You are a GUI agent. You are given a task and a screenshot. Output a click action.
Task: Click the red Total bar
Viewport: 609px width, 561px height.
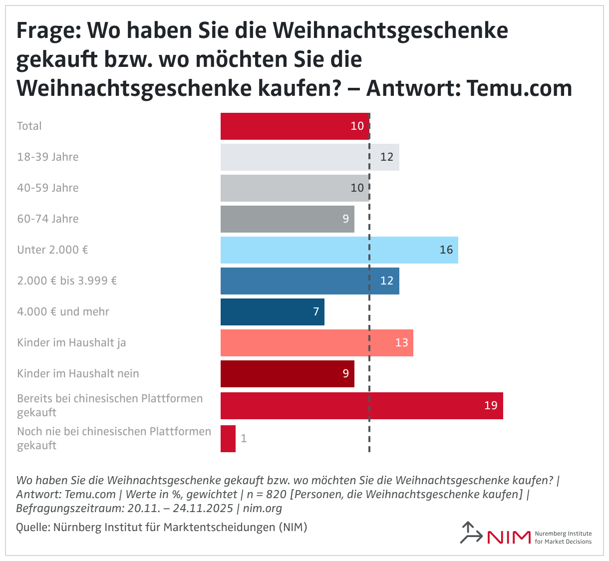295,126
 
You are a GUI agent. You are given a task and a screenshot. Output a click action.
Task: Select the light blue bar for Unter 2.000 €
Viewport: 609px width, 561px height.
339,250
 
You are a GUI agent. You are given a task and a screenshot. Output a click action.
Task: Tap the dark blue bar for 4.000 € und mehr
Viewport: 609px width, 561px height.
272,312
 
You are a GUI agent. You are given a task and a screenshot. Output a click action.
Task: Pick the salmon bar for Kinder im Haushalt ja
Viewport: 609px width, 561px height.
317,343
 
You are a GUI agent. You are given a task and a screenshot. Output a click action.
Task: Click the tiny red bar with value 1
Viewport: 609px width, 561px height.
228,439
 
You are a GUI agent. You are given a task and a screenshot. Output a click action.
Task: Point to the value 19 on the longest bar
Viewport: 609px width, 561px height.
491,405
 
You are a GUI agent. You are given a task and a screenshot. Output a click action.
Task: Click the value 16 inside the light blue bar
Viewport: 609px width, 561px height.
446,250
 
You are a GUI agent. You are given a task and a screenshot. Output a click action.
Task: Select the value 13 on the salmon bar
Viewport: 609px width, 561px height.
401,343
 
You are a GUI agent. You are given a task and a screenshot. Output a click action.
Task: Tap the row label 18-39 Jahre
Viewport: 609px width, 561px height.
48,157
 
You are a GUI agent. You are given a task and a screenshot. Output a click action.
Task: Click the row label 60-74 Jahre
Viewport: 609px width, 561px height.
48,219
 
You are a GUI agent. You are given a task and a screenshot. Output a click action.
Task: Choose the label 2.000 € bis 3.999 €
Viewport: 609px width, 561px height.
67,281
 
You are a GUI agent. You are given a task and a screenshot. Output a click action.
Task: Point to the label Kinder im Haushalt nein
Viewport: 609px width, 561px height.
78,374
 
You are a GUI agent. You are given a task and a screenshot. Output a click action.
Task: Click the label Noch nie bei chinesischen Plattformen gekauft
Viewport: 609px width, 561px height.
114,438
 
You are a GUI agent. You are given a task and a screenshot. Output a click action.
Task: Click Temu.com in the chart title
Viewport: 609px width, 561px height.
519,88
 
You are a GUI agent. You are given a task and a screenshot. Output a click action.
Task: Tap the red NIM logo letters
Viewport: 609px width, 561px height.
509,537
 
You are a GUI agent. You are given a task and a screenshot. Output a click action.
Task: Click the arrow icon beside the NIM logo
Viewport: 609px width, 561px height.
470,533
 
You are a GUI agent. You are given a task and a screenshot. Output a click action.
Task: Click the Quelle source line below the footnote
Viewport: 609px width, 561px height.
161,527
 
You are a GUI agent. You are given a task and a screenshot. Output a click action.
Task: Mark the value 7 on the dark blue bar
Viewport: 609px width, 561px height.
316,312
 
